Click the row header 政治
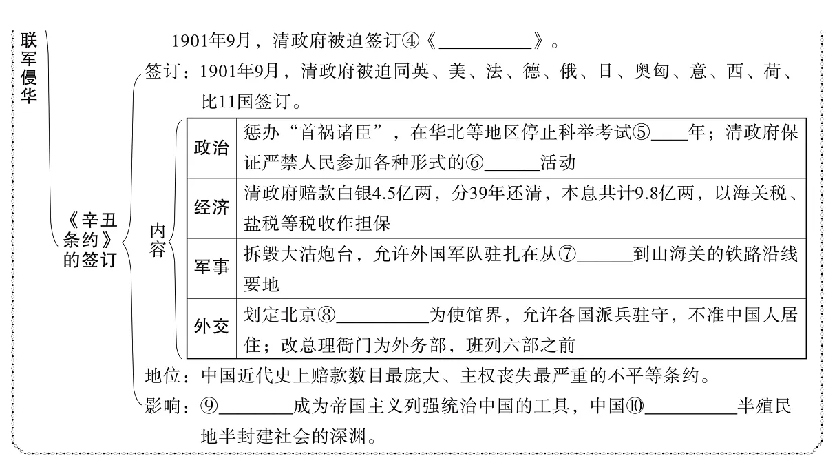(x=211, y=148)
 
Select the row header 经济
(x=211, y=208)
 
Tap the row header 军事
(x=211, y=267)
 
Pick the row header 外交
(x=211, y=327)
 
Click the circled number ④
(x=410, y=41)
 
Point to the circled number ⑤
(x=642, y=132)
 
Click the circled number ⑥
(x=475, y=163)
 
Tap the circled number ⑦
(x=567, y=254)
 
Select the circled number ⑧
(x=327, y=316)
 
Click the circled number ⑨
(x=209, y=406)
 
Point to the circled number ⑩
(x=635, y=406)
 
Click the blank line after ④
(x=485, y=48)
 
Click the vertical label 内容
(x=158, y=240)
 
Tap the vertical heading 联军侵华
(x=29, y=68)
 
